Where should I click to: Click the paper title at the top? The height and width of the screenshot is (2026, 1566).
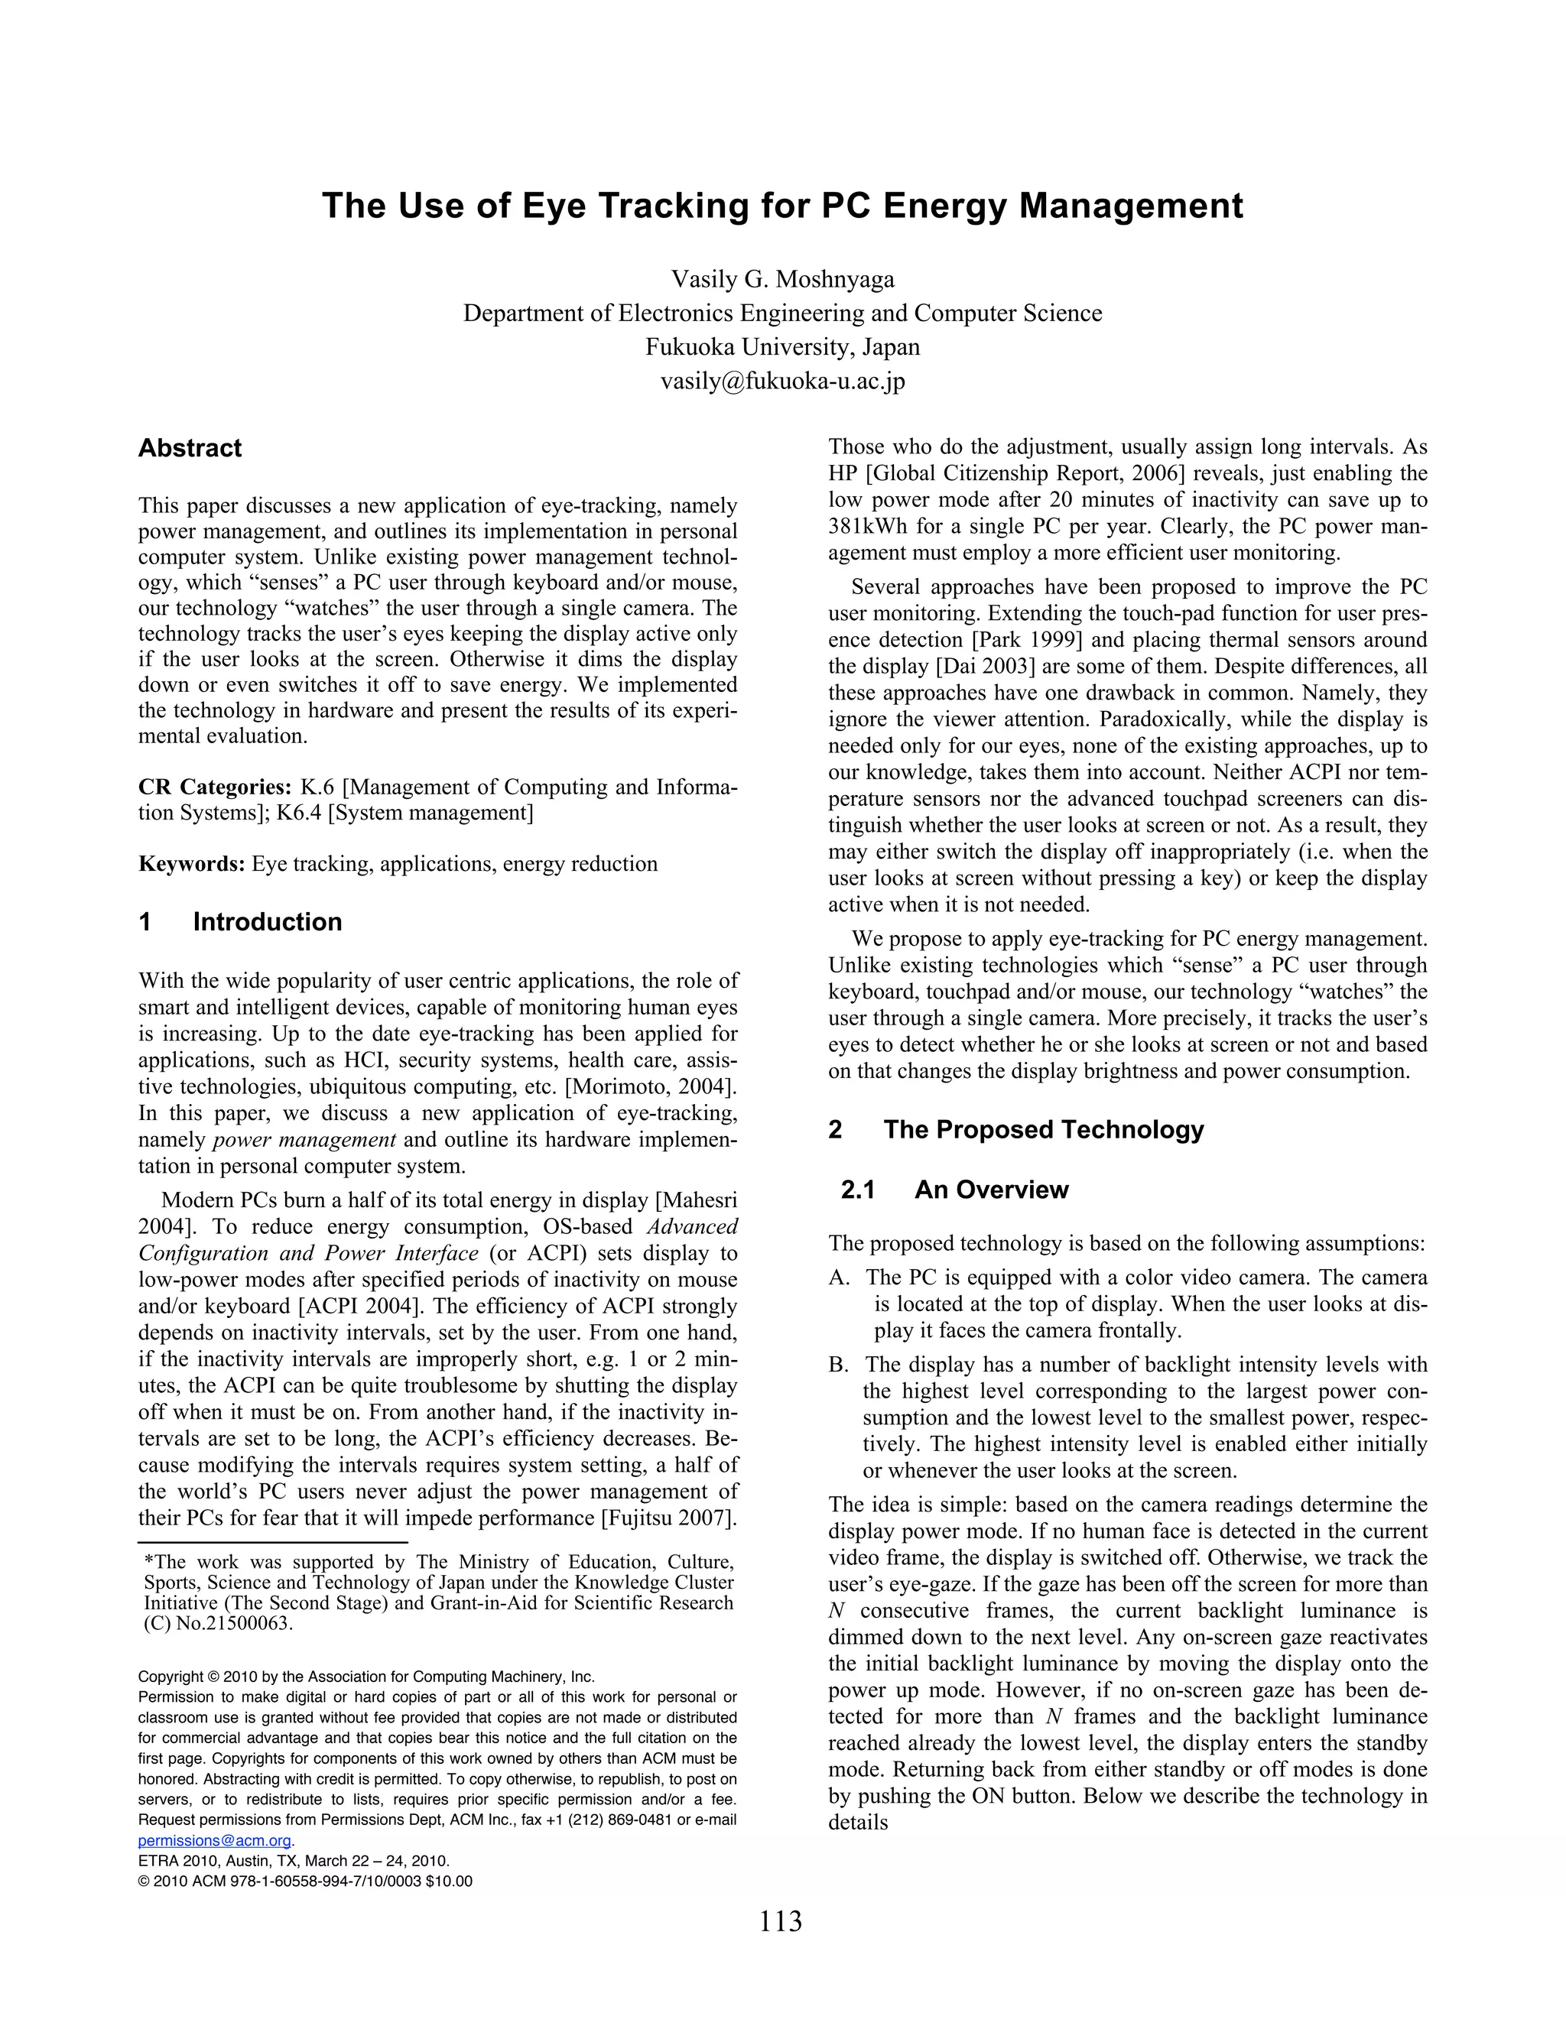(x=782, y=206)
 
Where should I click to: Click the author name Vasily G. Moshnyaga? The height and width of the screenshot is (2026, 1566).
(x=782, y=279)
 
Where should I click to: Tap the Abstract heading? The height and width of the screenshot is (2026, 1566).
(x=190, y=448)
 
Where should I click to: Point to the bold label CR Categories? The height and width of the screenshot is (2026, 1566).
(x=214, y=787)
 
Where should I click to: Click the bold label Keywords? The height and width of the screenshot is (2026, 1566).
(x=192, y=864)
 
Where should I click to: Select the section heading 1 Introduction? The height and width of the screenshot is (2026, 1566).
(x=240, y=922)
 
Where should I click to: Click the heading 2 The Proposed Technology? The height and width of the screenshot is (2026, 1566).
(x=1016, y=1129)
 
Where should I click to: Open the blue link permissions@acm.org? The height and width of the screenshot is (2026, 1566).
(x=214, y=1840)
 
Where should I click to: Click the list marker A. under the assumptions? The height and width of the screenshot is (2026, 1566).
(x=839, y=1278)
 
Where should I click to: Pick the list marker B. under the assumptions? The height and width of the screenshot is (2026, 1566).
(x=839, y=1365)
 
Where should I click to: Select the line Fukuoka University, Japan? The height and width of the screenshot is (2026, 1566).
(x=782, y=347)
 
